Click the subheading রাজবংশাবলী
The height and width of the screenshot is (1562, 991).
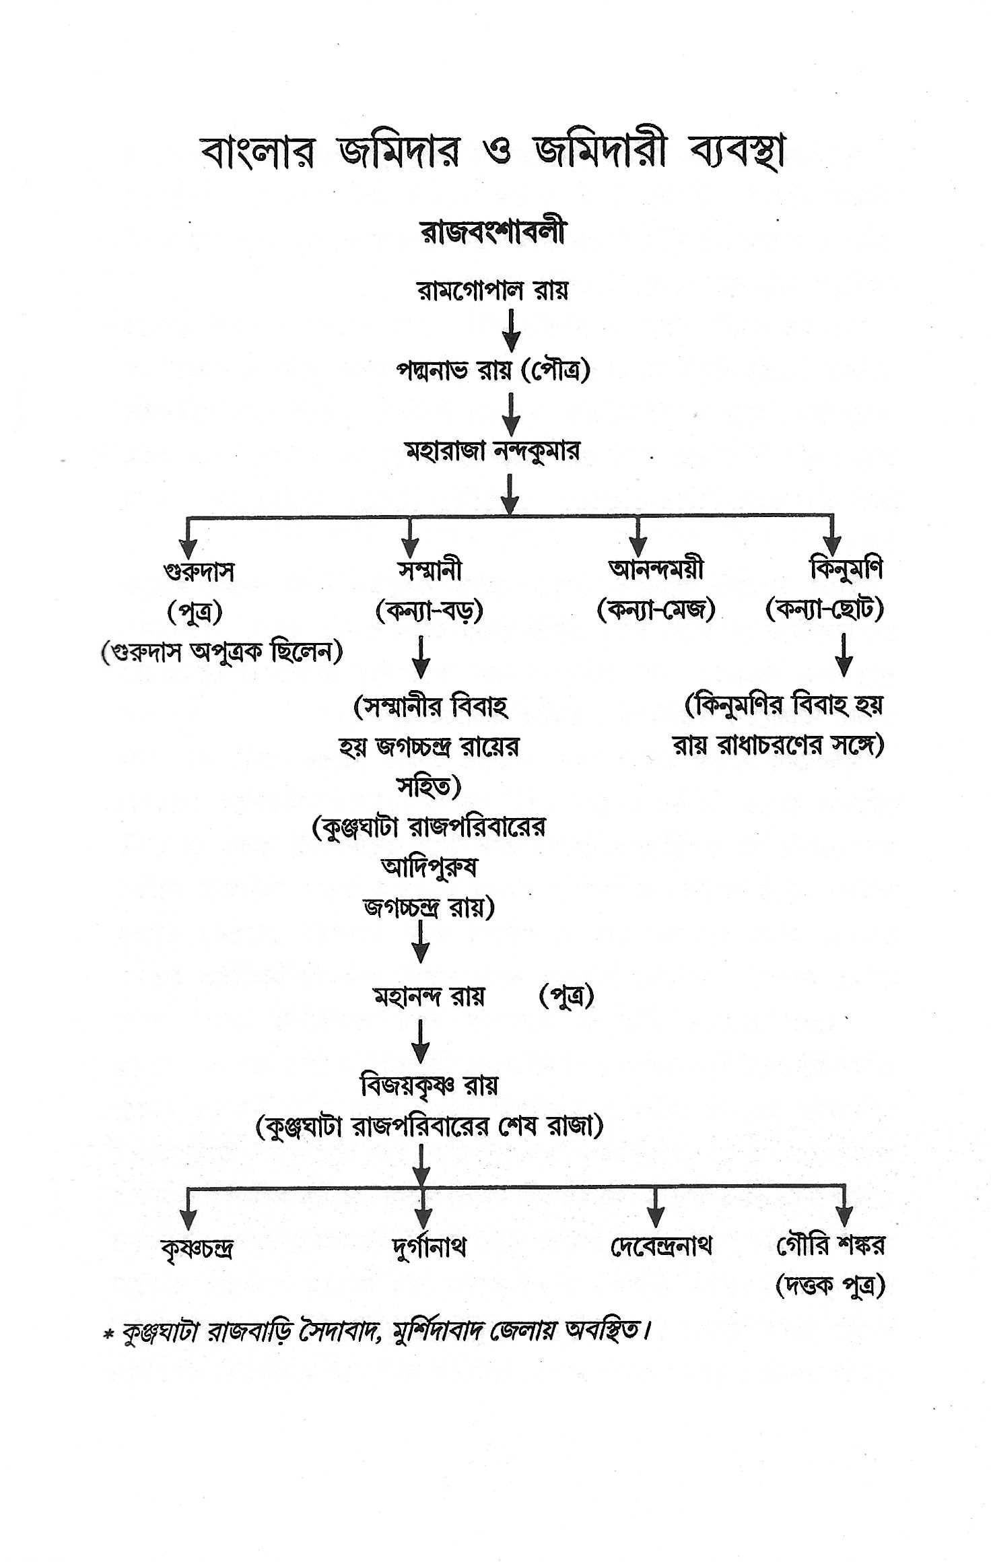tap(493, 232)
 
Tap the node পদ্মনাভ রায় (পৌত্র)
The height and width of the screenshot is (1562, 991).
tap(493, 370)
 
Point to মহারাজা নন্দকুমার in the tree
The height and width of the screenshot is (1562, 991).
tap(492, 450)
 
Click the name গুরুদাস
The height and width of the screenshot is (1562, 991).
tap(199, 572)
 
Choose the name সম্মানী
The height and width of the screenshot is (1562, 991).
tap(430, 571)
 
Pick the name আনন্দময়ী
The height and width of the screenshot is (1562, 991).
tap(656, 571)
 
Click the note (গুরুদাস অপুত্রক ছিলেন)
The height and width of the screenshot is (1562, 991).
tap(221, 652)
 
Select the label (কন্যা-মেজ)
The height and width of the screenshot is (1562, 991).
tap(656, 611)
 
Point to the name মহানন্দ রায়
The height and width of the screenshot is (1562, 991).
tap(429, 996)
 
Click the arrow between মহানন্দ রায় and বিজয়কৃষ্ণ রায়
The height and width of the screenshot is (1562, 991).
tap(421, 1041)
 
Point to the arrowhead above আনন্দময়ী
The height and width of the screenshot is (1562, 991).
tap(638, 547)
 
